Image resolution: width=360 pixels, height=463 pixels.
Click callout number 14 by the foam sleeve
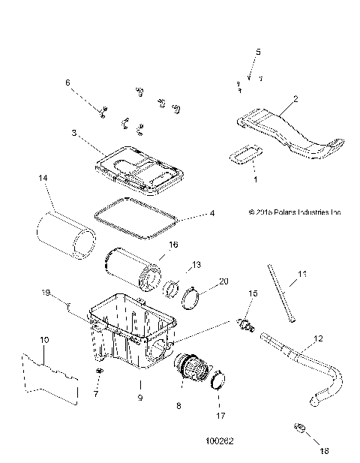click(43, 179)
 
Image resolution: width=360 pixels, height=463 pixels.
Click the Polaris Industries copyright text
click(289, 212)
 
